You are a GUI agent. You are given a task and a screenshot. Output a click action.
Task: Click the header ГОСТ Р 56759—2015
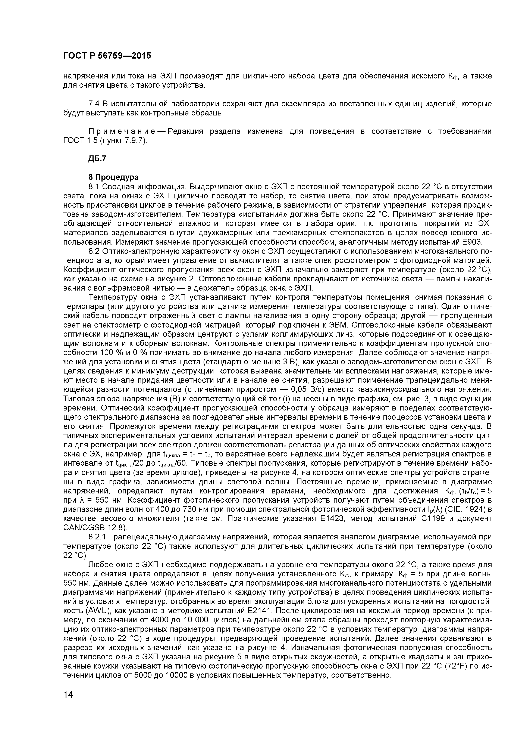(x=107, y=56)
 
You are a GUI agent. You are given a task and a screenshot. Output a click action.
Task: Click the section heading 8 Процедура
(x=113, y=177)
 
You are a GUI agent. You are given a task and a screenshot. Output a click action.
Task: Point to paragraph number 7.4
(x=94, y=104)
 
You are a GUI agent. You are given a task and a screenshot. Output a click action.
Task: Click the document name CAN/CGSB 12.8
(x=94, y=528)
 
